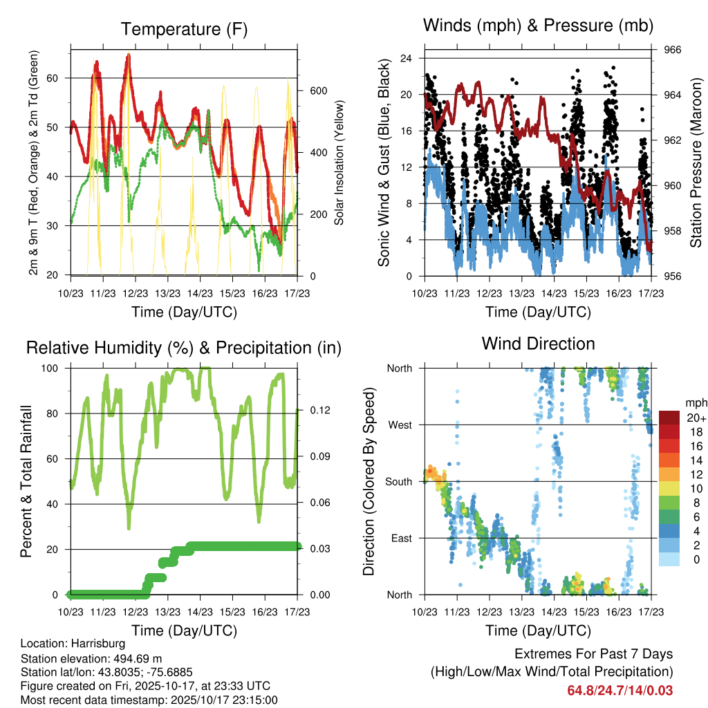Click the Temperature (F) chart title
183,29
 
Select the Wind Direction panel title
538,344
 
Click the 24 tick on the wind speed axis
407,58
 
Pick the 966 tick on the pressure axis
673,50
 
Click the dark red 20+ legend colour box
669,417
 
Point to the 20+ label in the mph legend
695,418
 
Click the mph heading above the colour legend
694,402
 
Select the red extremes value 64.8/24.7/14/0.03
619,690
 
